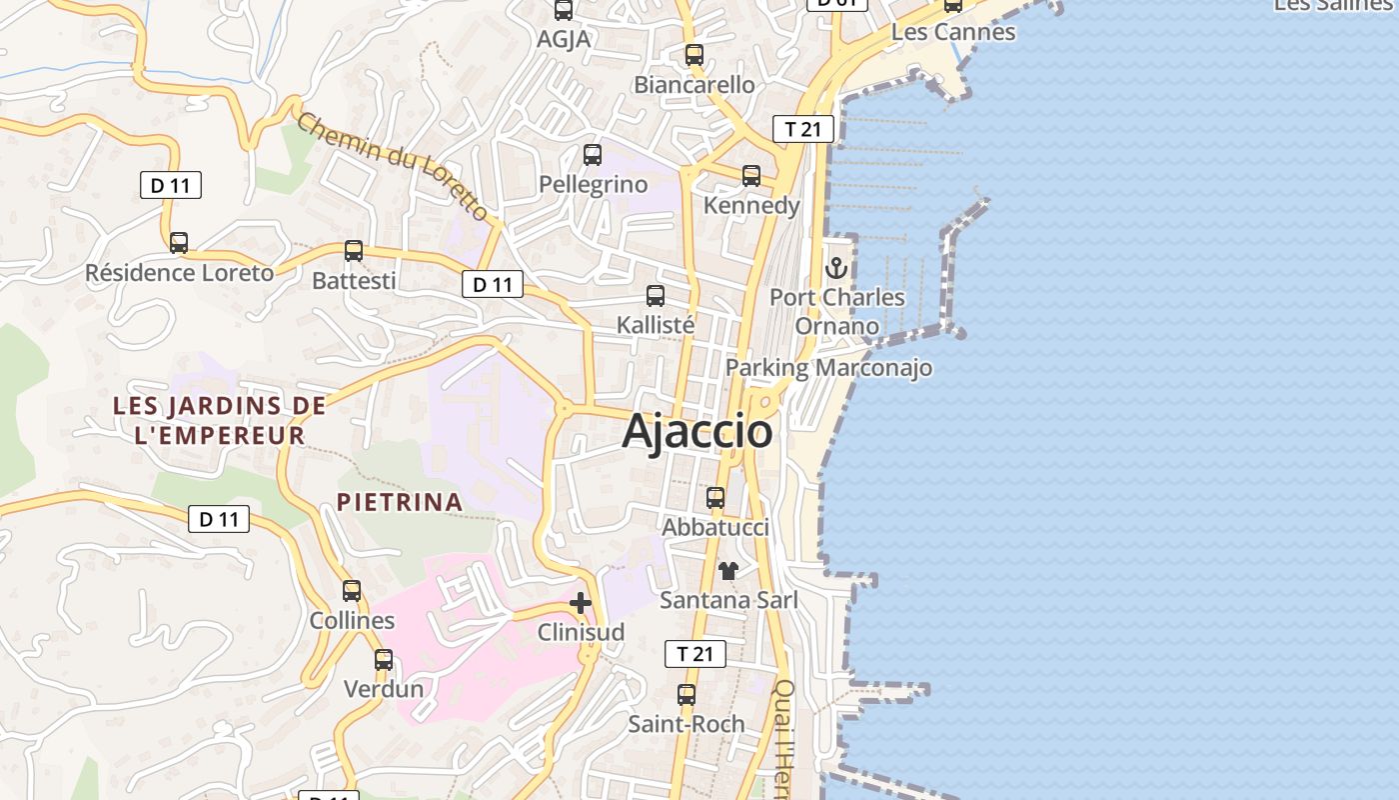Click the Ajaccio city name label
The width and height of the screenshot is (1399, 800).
697,431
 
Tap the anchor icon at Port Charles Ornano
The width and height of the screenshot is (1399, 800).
836,268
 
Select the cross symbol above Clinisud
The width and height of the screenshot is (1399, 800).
581,603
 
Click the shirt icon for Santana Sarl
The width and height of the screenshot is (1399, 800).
728,571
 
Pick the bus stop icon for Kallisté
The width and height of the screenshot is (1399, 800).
656,296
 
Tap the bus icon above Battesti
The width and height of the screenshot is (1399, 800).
354,251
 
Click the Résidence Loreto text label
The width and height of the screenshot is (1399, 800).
179,273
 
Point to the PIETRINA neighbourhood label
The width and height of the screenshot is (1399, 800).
400,502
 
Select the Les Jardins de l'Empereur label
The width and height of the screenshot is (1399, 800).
220,420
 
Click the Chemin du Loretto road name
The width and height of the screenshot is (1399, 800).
393,166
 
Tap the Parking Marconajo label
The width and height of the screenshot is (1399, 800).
828,368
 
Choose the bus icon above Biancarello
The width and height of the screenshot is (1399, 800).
695,55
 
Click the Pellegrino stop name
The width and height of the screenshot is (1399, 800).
593,185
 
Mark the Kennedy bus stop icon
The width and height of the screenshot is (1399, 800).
751,176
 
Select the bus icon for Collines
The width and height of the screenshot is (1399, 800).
352,591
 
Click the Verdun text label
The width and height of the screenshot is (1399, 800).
384,689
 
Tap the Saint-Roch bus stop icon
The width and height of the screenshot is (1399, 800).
687,694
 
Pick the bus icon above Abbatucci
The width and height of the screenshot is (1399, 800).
715,498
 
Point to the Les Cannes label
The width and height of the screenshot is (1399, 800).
952,32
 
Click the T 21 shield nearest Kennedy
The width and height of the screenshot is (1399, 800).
802,129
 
